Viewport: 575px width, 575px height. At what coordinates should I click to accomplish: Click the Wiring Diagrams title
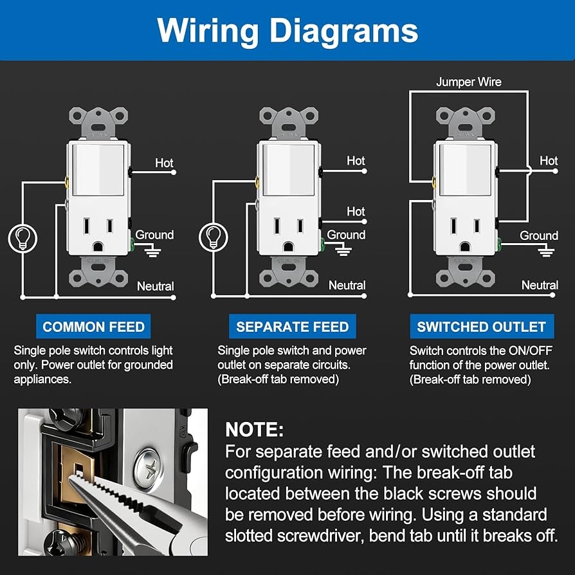click(287, 30)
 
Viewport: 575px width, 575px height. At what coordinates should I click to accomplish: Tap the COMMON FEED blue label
click(94, 327)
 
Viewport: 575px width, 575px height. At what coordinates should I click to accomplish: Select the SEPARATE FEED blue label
click(292, 327)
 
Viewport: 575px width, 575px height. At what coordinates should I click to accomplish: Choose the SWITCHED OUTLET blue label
click(481, 327)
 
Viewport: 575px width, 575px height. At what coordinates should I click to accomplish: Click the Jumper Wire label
click(468, 82)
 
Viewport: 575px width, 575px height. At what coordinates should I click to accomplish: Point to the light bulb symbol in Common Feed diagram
click(22, 238)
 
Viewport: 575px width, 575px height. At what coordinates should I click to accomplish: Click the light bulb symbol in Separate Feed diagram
click(212, 237)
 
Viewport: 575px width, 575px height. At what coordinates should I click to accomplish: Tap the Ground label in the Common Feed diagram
click(154, 235)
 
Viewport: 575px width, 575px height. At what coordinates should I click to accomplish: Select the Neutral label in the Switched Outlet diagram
click(540, 285)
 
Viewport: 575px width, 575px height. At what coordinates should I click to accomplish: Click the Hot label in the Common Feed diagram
click(164, 163)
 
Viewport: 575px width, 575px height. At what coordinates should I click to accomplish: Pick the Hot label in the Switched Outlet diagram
click(549, 161)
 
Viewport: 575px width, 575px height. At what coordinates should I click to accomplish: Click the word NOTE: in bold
click(255, 430)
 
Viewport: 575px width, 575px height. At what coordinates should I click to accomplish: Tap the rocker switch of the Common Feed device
click(96, 170)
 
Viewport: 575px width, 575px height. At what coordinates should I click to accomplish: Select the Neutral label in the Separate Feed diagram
click(347, 285)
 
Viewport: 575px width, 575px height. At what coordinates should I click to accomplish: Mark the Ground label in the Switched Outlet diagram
click(539, 236)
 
